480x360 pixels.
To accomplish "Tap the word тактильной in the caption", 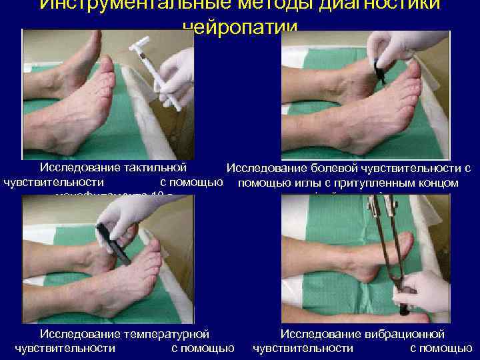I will [154, 167].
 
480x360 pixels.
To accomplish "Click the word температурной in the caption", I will [170, 333].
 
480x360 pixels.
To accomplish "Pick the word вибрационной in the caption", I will [404, 333].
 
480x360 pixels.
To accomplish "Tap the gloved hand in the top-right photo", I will [400, 47].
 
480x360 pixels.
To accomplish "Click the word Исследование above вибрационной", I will [320, 333].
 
